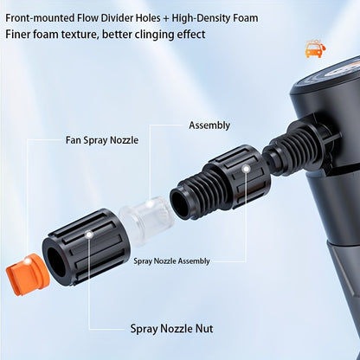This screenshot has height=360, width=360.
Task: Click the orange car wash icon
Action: pyautogui.click(x=313, y=49)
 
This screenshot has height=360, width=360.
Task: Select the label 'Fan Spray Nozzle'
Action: pyautogui.click(x=101, y=139)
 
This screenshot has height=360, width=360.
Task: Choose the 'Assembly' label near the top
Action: pyautogui.click(x=209, y=125)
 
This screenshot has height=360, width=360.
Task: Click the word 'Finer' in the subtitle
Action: pyautogui.click(x=20, y=35)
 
